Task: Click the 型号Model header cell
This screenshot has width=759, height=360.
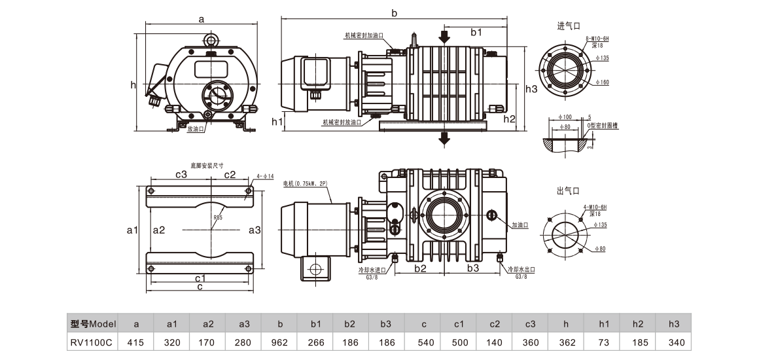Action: click(x=93, y=324)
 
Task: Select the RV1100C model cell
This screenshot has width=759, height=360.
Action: click(x=93, y=342)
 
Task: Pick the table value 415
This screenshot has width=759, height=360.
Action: click(x=135, y=342)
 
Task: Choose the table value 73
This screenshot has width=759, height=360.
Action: click(x=603, y=342)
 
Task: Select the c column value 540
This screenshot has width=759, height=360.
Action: click(x=423, y=342)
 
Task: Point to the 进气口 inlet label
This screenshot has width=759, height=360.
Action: click(x=569, y=26)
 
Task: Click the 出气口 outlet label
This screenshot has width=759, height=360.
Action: click(x=569, y=190)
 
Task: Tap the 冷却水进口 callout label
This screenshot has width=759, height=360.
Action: click(x=371, y=269)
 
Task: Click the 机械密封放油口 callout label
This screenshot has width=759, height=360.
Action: click(x=342, y=122)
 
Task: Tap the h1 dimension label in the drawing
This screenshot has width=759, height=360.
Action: click(x=277, y=122)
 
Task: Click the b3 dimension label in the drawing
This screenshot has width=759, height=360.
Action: click(x=472, y=268)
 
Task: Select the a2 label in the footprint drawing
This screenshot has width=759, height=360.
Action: click(x=158, y=230)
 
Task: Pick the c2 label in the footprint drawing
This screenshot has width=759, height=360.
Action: click(x=230, y=175)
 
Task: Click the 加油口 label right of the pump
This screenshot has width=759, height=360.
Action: click(x=520, y=225)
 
